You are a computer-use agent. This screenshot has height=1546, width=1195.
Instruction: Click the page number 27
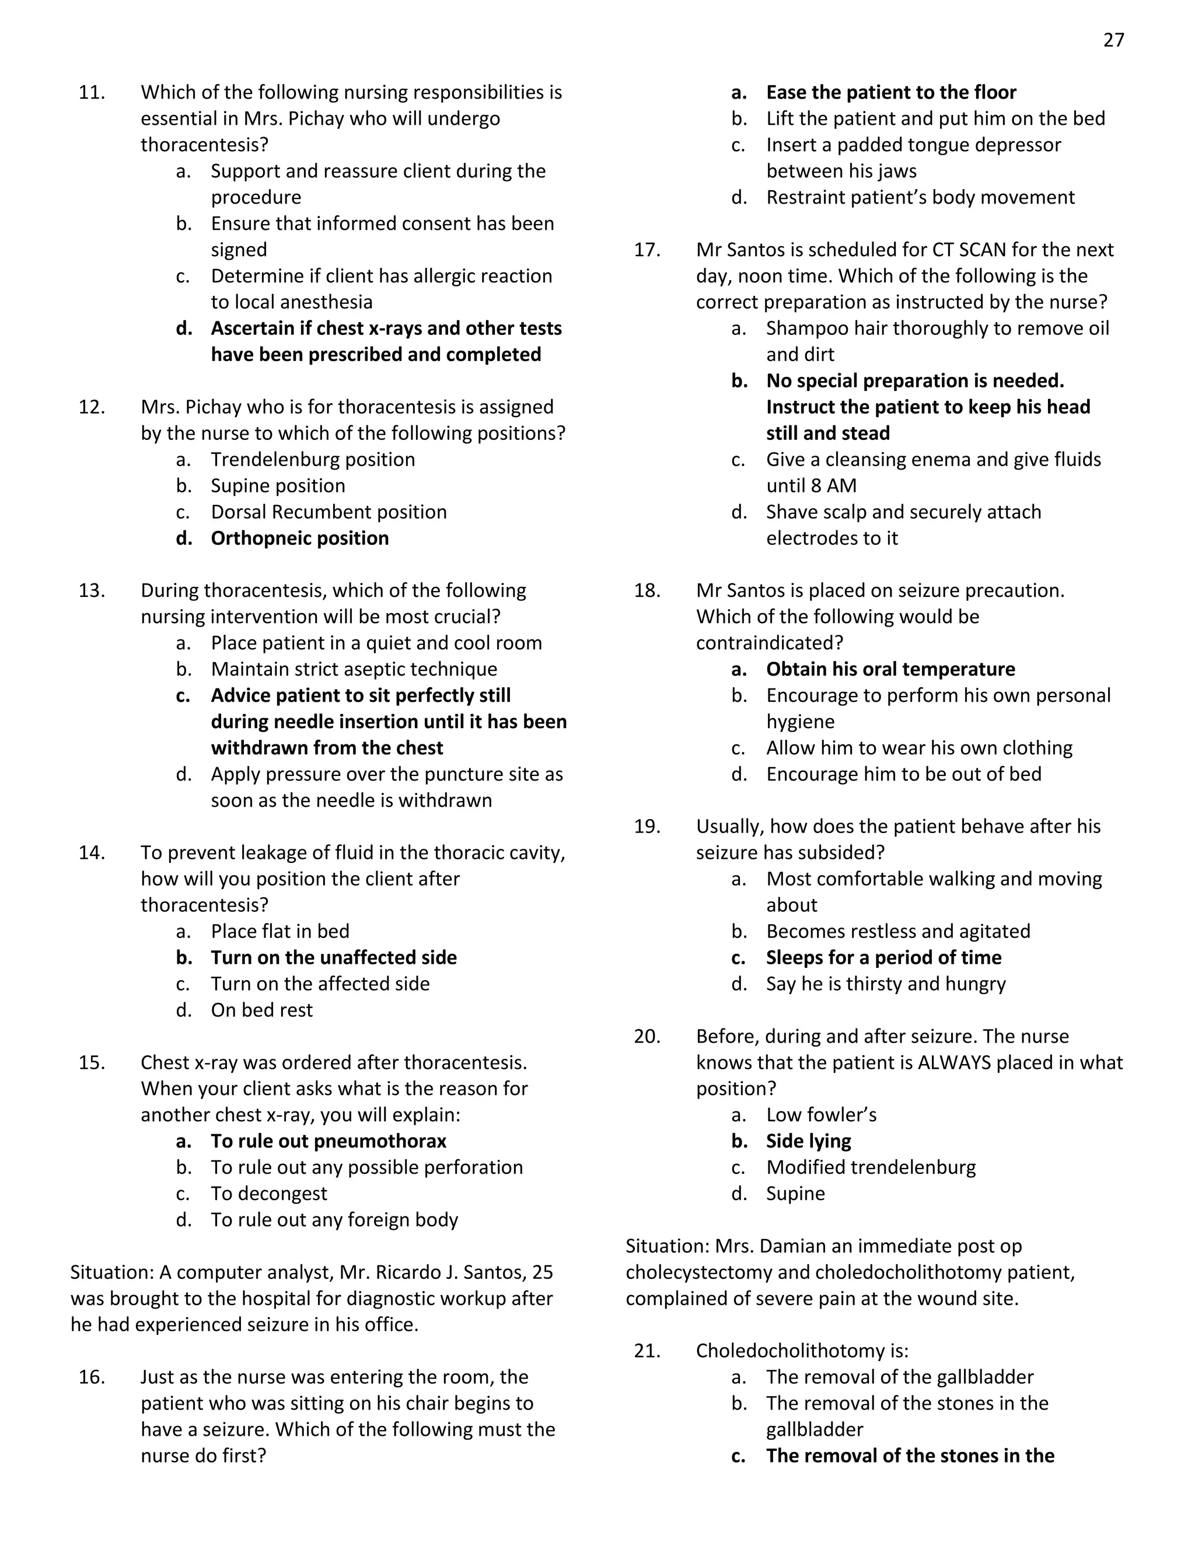(1113, 40)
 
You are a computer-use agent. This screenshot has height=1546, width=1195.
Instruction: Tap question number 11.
(92, 93)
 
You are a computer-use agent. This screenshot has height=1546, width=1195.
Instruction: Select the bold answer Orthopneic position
(299, 538)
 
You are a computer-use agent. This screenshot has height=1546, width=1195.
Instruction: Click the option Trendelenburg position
(312, 459)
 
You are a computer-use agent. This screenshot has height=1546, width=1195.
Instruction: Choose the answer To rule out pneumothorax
(329, 1141)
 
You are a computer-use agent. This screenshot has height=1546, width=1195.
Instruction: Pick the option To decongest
(268, 1194)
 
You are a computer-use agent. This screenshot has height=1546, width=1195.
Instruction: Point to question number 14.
(92, 853)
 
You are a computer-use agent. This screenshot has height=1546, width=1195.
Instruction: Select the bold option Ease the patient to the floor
(890, 93)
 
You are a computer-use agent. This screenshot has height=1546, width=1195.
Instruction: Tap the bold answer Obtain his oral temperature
(890, 669)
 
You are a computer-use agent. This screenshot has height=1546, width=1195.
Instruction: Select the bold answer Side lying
(809, 1141)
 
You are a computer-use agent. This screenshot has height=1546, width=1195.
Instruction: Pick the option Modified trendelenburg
(871, 1167)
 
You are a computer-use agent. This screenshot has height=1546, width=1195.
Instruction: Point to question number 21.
(647, 1351)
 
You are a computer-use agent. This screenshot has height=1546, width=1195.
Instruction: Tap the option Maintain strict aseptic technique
(354, 669)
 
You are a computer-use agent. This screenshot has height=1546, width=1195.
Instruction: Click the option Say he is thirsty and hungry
(886, 984)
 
